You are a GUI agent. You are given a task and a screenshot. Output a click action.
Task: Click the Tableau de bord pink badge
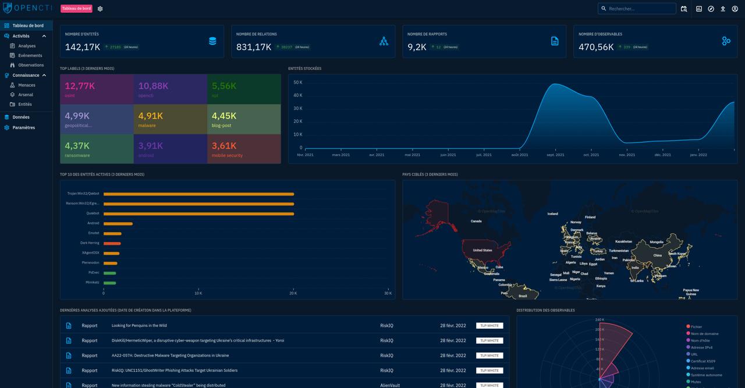[76, 9]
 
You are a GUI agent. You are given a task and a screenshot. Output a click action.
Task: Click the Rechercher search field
[640, 9]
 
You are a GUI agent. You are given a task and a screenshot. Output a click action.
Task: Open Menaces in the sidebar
[27, 85]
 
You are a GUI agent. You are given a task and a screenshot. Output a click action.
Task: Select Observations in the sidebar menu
[31, 65]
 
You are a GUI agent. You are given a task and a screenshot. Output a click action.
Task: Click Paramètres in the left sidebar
[24, 127]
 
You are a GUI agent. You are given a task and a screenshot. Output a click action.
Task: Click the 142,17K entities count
[83, 47]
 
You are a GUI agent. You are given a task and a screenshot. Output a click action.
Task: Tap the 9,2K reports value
[417, 47]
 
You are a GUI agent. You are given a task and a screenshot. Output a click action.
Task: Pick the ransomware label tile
[97, 149]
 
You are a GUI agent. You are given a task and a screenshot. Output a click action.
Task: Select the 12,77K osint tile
[97, 89]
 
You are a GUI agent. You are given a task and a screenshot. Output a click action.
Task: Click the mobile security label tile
[243, 149]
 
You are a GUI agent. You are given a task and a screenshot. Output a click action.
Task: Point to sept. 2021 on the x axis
[555, 155]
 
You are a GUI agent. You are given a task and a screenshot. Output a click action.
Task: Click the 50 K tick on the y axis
[297, 83]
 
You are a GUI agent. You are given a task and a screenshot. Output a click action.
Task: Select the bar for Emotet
[112, 233]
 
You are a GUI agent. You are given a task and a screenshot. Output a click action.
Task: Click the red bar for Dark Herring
[112, 243]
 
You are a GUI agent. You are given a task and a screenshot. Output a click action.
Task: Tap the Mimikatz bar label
[92, 282]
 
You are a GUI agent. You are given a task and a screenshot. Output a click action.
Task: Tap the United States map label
[483, 250]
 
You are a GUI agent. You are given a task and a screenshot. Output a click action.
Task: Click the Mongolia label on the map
[657, 242]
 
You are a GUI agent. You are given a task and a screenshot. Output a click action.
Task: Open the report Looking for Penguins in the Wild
[139, 326]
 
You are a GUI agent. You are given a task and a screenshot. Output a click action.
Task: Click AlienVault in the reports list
[390, 385]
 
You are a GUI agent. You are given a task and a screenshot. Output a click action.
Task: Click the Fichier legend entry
[696, 327]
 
